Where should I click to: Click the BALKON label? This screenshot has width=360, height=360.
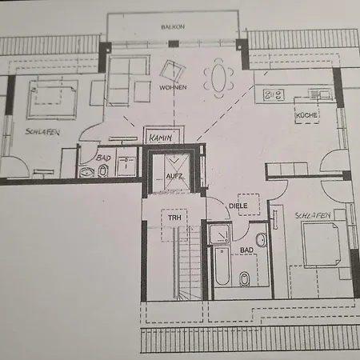click(173, 27)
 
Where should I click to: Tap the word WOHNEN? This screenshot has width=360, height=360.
click(173, 87)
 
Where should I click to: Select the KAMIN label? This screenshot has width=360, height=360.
click(161, 138)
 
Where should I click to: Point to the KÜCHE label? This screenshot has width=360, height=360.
click(306, 115)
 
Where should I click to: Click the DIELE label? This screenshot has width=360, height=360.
click(238, 206)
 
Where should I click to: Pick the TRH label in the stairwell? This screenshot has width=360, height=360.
click(174, 218)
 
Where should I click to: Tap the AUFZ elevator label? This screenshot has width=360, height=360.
click(174, 176)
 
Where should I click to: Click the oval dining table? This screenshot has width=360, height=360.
click(218, 78)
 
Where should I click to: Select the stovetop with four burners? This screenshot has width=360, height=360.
click(274, 95)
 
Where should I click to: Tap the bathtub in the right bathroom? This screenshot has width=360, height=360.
click(222, 266)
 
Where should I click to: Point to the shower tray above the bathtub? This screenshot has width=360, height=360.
click(220, 234)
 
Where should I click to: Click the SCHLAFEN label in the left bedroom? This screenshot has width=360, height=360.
click(42, 132)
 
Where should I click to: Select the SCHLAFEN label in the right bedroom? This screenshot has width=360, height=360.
click(313, 215)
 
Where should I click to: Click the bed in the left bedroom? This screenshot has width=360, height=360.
click(53, 99)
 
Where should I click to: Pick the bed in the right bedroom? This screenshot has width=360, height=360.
click(322, 244)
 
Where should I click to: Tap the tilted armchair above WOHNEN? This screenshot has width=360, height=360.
click(173, 71)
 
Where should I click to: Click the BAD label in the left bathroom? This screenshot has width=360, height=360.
click(103, 158)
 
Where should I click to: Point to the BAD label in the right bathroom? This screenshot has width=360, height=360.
click(246, 250)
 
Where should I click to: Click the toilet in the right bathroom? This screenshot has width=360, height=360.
click(244, 278)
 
